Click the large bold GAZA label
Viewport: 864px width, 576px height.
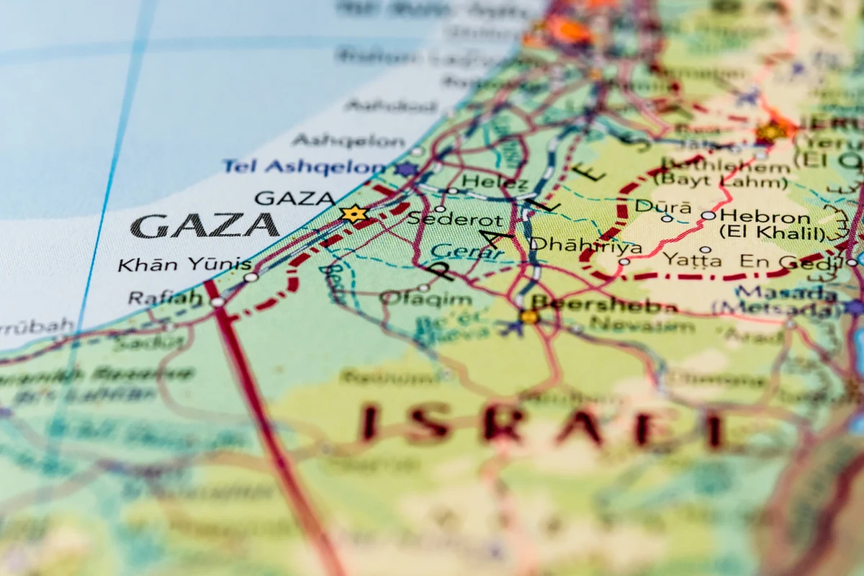205,226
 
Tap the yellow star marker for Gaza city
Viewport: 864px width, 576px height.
354,213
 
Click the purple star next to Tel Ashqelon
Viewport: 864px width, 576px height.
407,169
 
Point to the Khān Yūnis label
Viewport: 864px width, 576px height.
184,264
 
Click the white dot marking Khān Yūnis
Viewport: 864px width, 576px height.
251,276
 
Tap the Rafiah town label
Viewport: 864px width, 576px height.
165,297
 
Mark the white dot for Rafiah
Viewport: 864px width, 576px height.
217,302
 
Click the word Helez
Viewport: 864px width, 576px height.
495,181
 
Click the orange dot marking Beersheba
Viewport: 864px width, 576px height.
529,316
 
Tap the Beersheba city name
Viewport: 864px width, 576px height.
605,305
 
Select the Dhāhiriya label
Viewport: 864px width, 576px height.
585,246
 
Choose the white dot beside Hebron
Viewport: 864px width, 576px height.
708,215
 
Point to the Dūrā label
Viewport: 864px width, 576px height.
653,206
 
